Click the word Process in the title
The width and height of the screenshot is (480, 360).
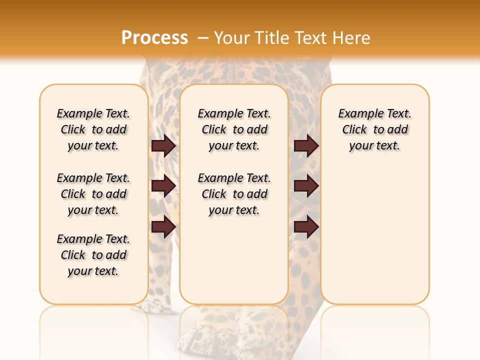[x=154, y=38]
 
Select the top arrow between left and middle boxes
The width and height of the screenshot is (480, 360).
[x=163, y=145]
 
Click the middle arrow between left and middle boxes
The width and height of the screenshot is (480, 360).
[x=163, y=186]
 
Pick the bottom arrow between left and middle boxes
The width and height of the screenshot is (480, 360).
[x=163, y=226]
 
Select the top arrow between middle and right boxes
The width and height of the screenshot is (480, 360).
[x=306, y=145]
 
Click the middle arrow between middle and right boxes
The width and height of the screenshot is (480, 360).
[x=306, y=186]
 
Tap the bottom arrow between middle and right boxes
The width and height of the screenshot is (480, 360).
[x=306, y=226]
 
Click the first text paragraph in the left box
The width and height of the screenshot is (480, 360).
[x=93, y=129]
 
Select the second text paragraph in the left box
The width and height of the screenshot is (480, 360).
[x=93, y=194]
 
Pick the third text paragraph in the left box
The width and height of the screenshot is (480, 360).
[x=93, y=255]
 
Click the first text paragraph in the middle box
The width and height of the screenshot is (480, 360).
[x=234, y=129]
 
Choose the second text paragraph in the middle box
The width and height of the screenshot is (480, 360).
[x=234, y=194]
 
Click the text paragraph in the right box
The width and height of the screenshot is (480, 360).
[x=374, y=129]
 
